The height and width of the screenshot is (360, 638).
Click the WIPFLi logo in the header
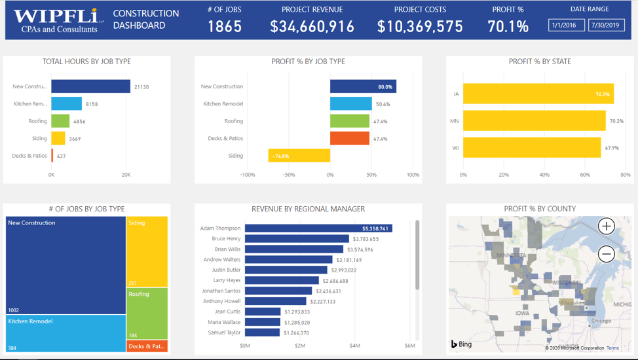tap(56, 20)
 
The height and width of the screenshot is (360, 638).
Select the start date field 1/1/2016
tap(566, 25)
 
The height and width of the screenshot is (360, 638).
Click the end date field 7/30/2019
tap(606, 25)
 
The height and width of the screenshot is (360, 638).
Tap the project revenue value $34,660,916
tap(312, 26)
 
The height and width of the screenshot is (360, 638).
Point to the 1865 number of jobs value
tap(225, 26)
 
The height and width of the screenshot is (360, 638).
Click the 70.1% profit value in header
tap(508, 26)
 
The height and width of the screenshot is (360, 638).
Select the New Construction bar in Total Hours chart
tap(90, 86)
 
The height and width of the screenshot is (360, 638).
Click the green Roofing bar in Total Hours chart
tap(60, 121)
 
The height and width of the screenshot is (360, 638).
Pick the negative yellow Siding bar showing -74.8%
tap(299, 156)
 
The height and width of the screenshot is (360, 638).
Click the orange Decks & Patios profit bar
tap(350, 139)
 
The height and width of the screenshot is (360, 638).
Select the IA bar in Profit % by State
tap(538, 94)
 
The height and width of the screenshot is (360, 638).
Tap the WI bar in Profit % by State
tap(531, 147)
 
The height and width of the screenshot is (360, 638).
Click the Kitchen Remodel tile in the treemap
tap(66, 333)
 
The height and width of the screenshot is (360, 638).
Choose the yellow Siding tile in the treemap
tap(147, 252)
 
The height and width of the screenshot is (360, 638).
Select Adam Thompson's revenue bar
tap(318, 228)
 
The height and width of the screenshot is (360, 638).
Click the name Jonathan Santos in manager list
tap(221, 291)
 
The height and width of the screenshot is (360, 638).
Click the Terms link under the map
tap(612, 348)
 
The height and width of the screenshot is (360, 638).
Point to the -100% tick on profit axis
tap(248, 175)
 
